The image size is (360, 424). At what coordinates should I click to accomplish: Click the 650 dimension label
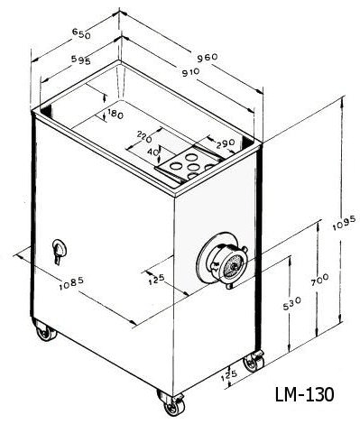[81, 33]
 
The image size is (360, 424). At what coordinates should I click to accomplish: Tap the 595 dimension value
[81, 60]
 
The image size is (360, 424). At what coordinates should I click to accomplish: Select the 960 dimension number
[208, 58]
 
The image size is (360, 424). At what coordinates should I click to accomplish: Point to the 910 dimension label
[190, 72]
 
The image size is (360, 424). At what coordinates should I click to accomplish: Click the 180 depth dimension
[115, 115]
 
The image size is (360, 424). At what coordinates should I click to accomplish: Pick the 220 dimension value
[144, 136]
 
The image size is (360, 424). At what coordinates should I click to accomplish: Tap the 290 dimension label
[225, 143]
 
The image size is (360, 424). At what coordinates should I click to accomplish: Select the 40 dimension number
[153, 152]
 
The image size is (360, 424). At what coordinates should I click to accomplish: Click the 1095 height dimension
[345, 223]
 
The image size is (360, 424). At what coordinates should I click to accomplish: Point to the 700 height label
[320, 281]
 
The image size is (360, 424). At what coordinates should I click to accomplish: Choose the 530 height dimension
[291, 304]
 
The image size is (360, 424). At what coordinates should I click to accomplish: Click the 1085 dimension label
[71, 283]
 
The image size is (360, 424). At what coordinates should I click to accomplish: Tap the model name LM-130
[304, 394]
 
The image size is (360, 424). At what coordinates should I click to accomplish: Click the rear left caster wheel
[46, 331]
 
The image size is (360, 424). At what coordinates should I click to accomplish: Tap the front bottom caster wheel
[172, 404]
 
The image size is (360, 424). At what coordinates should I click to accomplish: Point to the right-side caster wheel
[254, 362]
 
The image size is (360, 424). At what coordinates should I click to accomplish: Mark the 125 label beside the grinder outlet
[157, 280]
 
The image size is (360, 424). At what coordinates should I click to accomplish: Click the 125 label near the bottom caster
[229, 375]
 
